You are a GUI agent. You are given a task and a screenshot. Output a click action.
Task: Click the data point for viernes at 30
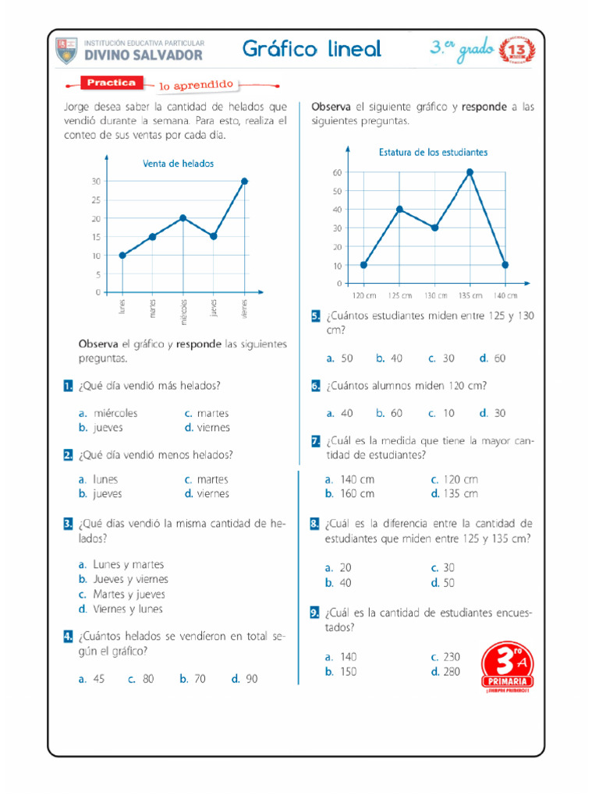click(x=244, y=181)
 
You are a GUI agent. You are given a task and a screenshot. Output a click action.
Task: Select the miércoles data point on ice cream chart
click(x=183, y=218)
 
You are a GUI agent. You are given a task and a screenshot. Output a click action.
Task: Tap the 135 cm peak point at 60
click(x=470, y=171)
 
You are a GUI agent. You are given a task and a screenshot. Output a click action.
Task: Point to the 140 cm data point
click(x=505, y=265)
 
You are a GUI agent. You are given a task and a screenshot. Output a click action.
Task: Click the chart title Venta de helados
click(x=178, y=164)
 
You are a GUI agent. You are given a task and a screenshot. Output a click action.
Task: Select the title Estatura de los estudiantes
click(x=433, y=152)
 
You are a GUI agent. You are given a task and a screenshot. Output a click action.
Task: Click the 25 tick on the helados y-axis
click(x=97, y=199)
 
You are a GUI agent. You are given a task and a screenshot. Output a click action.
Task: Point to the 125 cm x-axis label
click(x=399, y=296)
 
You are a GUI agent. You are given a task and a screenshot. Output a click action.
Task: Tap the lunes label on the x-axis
click(x=122, y=307)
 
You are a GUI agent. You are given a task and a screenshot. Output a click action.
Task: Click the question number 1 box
click(x=69, y=386)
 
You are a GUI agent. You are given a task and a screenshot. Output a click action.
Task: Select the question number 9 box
click(x=315, y=613)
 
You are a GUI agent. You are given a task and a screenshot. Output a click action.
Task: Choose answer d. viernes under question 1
click(x=207, y=428)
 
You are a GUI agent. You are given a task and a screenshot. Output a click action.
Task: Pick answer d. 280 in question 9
click(x=445, y=671)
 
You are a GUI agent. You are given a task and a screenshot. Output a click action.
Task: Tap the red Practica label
click(x=112, y=83)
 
